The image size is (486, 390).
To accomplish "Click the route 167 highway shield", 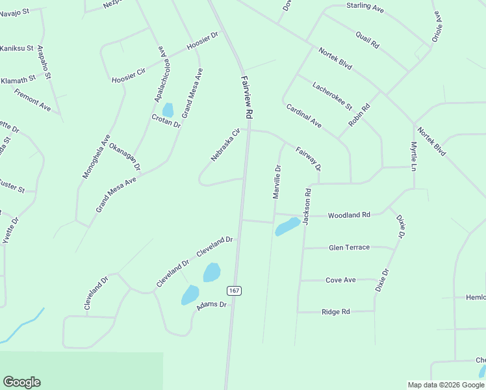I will (x=235, y=291).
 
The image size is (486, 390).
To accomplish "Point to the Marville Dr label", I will (x=277, y=181).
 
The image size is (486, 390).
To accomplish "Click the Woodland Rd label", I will (x=349, y=215).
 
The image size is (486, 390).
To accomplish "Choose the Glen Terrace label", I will (x=349, y=248).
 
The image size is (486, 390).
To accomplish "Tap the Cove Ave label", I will (x=340, y=280).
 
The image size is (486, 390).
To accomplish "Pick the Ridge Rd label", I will (x=336, y=312).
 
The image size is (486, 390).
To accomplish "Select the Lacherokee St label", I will (x=331, y=95).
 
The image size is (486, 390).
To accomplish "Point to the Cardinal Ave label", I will (x=304, y=115).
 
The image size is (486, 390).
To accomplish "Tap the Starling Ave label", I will (x=365, y=6).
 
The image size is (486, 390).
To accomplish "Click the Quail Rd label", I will (x=367, y=40).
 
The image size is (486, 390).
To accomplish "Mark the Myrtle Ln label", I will (x=413, y=156).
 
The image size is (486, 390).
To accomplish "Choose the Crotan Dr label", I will (x=166, y=120).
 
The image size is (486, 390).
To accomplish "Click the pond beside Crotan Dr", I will (x=168, y=110).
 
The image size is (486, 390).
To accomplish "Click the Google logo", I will (x=21, y=382).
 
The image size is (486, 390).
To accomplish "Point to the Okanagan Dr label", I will (x=125, y=157).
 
